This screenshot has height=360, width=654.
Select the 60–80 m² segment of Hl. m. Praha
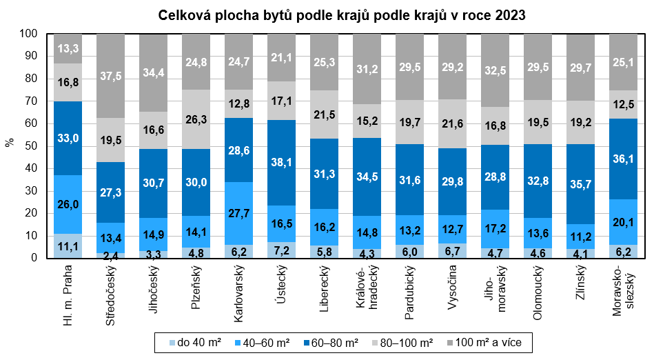tap(68, 138)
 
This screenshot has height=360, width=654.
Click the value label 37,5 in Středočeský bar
tap(110, 77)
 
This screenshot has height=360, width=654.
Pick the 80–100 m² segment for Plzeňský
tap(196, 119)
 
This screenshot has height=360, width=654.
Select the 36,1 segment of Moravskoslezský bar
tap(623, 159)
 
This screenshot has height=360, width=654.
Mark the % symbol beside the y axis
tap(9, 143)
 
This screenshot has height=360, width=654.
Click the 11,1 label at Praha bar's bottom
tap(68, 246)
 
